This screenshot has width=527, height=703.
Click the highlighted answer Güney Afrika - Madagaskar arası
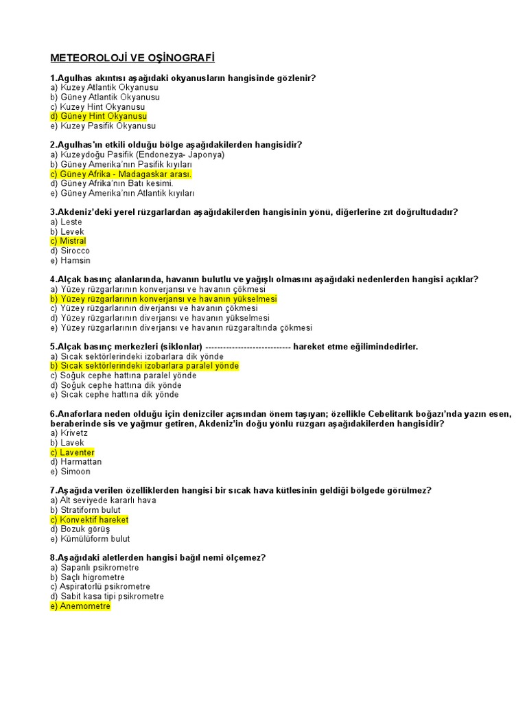point(121,174)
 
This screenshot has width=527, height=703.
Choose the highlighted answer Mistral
point(68,242)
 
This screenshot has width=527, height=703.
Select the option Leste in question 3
point(66,222)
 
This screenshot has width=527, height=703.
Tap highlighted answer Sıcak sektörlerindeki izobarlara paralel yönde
point(144,367)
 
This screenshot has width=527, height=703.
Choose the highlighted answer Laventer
point(72,453)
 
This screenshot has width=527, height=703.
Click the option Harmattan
point(75,463)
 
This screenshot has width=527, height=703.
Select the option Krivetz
point(69,434)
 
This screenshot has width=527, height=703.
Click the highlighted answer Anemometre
point(80,607)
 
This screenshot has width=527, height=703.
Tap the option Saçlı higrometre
point(88,578)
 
